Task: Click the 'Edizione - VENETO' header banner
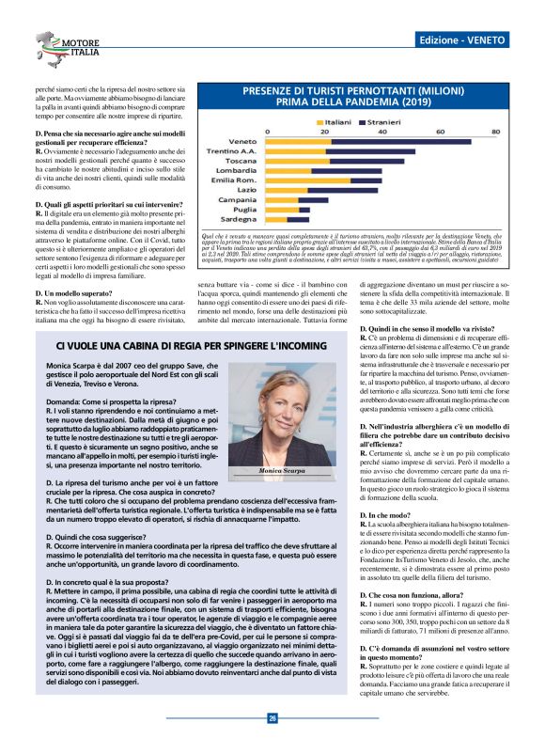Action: coord(463,41)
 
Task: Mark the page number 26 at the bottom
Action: coord(272,717)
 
